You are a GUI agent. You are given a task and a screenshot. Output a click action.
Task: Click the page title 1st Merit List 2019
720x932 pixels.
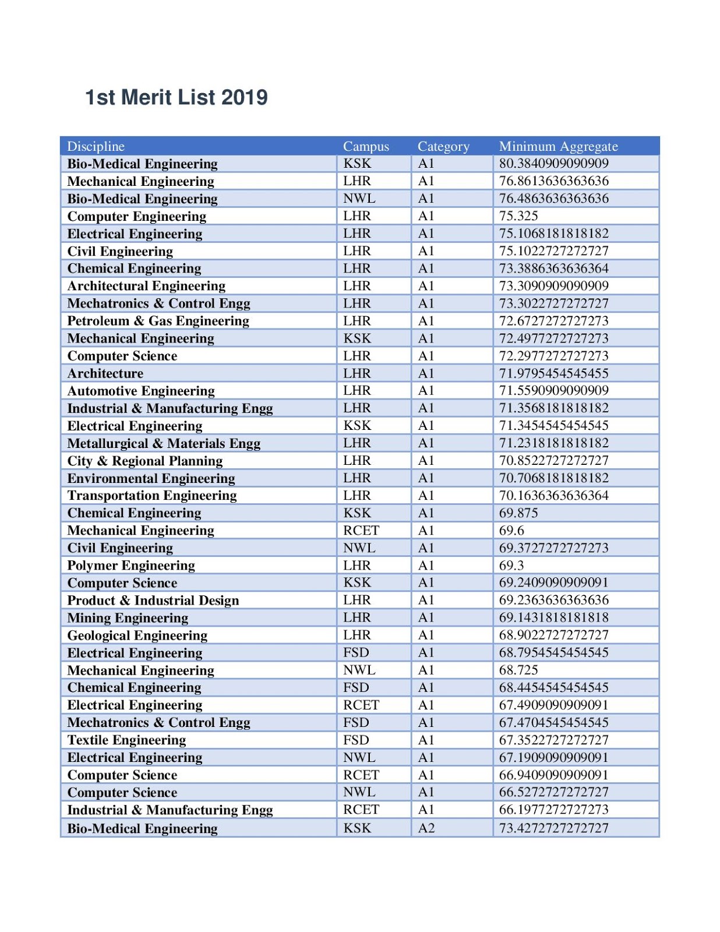pyautogui.click(x=176, y=97)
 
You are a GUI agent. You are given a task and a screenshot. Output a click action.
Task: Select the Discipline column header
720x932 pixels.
pyautogui.click(x=96, y=146)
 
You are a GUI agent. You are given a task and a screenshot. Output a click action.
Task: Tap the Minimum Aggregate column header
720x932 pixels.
pyautogui.click(x=558, y=146)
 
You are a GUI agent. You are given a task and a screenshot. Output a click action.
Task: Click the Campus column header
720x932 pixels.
pyautogui.click(x=366, y=146)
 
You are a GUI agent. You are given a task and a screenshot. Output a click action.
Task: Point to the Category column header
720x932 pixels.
pyautogui.click(x=443, y=146)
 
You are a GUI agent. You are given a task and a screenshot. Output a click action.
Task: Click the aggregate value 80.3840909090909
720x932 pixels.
pyautogui.click(x=553, y=164)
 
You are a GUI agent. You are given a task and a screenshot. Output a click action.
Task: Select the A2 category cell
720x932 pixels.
pyautogui.click(x=426, y=828)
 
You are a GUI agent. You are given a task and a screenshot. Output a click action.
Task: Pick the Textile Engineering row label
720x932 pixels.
pyautogui.click(x=126, y=740)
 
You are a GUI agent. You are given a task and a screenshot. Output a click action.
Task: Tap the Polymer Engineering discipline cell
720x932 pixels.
pyautogui.click(x=131, y=566)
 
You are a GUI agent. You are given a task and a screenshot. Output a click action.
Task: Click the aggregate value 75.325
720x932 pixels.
pyautogui.click(x=518, y=216)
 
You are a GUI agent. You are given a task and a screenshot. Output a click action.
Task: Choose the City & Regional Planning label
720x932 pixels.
pyautogui.click(x=144, y=461)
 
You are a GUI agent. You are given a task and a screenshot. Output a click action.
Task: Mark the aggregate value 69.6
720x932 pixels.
pyautogui.click(x=511, y=531)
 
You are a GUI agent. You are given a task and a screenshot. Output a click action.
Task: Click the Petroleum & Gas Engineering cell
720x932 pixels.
pyautogui.click(x=158, y=321)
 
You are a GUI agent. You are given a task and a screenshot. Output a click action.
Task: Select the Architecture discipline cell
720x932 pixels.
pyautogui.click(x=105, y=373)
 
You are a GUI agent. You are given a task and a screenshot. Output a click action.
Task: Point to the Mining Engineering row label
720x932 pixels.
pyautogui.click(x=128, y=618)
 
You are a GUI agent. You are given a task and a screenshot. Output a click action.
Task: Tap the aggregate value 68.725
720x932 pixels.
pyautogui.click(x=518, y=670)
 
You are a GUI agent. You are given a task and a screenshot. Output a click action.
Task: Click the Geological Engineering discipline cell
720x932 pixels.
pyautogui.click(x=137, y=636)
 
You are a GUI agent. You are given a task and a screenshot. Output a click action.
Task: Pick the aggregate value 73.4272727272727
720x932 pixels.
pyautogui.click(x=553, y=828)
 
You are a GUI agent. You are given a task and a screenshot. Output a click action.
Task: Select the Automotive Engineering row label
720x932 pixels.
pyautogui.click(x=141, y=391)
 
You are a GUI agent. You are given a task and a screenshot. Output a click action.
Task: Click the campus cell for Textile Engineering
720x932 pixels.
pyautogui.click(x=356, y=740)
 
